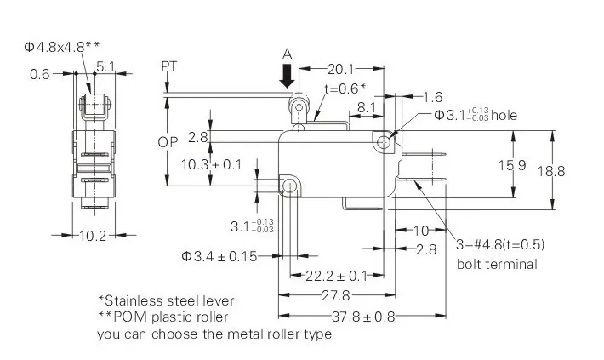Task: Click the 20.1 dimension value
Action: pos(340,70)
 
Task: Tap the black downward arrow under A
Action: pos(287,76)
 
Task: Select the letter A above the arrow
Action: pos(288,54)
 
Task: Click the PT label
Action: pos(168,66)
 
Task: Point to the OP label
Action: pos(168,143)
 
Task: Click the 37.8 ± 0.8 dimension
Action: pos(363,317)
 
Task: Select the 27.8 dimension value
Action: pos(336,295)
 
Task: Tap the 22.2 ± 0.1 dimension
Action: pos(336,276)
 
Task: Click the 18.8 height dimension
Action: pos(551,171)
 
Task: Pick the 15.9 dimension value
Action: pos(512,165)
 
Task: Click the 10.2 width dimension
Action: pos(93,236)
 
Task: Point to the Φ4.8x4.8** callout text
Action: pos(61,47)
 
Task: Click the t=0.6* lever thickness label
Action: pos(345,89)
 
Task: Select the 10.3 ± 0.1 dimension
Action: pos(211,165)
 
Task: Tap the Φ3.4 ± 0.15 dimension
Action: pos(219,256)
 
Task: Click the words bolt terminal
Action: pos(497,265)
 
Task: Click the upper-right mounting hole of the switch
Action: pos(384,142)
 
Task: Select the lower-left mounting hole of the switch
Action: pos(289,186)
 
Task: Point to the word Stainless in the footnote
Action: pos(134,300)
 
